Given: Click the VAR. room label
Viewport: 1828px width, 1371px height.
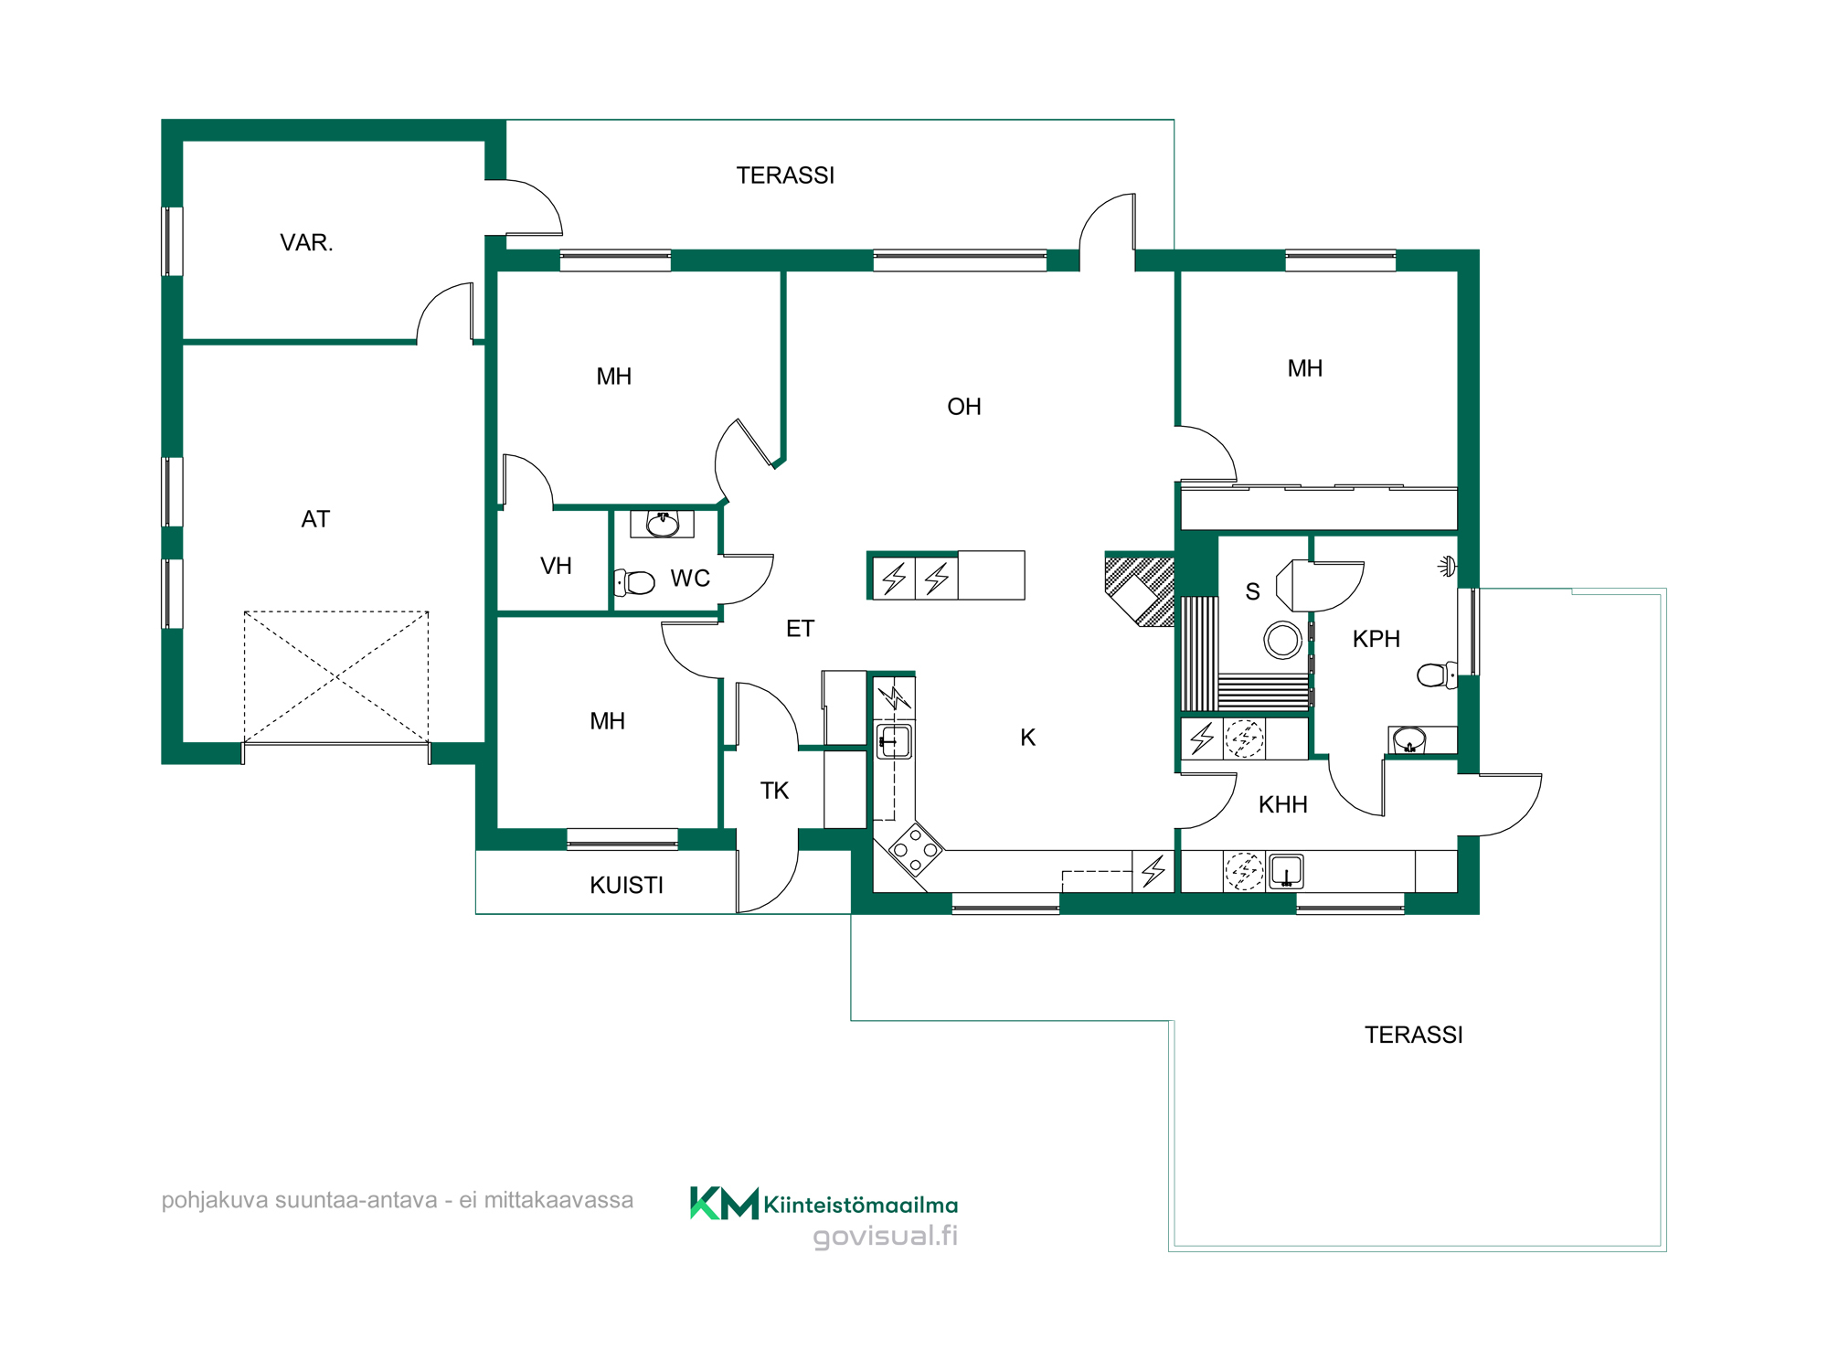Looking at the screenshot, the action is (x=306, y=242).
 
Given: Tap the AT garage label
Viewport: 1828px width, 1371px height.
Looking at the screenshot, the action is (x=315, y=519).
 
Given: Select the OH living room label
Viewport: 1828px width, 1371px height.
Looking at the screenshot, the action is (x=964, y=407).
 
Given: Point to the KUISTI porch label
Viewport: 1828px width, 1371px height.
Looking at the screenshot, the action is (x=626, y=885).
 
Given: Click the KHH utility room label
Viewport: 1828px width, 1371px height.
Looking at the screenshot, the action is (x=1283, y=804).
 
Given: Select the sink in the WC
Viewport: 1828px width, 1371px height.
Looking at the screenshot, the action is (x=662, y=524).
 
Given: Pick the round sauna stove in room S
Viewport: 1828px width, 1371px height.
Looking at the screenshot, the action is (x=1282, y=640).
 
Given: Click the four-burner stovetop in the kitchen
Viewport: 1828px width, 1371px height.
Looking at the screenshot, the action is (x=915, y=850).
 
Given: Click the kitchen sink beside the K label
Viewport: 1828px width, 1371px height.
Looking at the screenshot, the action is (x=894, y=741).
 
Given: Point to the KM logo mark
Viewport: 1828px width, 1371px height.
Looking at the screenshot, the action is (x=724, y=1203).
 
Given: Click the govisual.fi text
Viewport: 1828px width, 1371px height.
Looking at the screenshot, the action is (x=886, y=1237).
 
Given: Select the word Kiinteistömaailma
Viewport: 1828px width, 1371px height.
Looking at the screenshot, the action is (x=861, y=1205).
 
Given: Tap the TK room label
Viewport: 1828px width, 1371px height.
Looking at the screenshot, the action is (x=774, y=791).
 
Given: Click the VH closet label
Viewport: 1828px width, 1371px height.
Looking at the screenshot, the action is (x=556, y=566).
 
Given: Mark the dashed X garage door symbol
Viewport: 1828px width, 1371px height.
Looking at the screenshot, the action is (x=336, y=676).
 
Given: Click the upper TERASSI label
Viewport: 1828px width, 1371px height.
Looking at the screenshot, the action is (x=785, y=175).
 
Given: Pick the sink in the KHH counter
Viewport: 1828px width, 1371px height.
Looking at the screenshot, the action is (x=1286, y=872).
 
